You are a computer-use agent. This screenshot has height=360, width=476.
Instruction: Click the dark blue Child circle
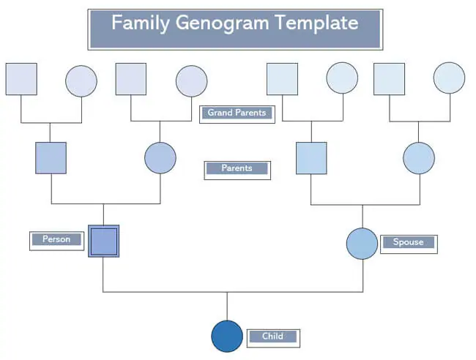(227, 336)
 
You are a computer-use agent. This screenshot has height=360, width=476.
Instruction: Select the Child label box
(273, 338)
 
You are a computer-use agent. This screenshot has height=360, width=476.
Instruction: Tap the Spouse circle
(362, 244)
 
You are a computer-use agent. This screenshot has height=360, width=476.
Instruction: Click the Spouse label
(409, 244)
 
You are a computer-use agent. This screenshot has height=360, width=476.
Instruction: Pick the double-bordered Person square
(103, 241)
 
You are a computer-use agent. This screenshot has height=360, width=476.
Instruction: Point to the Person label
(57, 241)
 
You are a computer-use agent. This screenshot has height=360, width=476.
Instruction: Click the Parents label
(237, 170)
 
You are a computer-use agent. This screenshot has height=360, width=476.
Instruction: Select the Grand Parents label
(237, 114)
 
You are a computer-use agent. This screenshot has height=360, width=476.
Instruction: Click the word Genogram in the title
(222, 23)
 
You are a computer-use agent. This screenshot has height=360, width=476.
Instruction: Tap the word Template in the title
(316, 23)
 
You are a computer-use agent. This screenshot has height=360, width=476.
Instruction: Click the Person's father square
(51, 158)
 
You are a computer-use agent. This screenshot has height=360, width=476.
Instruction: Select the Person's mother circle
(160, 158)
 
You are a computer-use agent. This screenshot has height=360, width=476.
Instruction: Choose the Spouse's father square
(311, 158)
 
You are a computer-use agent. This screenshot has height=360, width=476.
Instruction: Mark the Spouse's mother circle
(419, 158)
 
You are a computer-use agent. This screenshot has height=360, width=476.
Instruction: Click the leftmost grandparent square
(21, 79)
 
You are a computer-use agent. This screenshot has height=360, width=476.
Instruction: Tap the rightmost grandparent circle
(450, 78)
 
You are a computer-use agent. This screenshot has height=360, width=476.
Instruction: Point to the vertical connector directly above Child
(227, 307)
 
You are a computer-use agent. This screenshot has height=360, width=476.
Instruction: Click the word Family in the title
(141, 23)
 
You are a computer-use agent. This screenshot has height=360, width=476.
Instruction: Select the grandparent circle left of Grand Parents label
(192, 81)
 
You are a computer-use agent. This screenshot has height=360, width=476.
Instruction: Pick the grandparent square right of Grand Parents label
(283, 79)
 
